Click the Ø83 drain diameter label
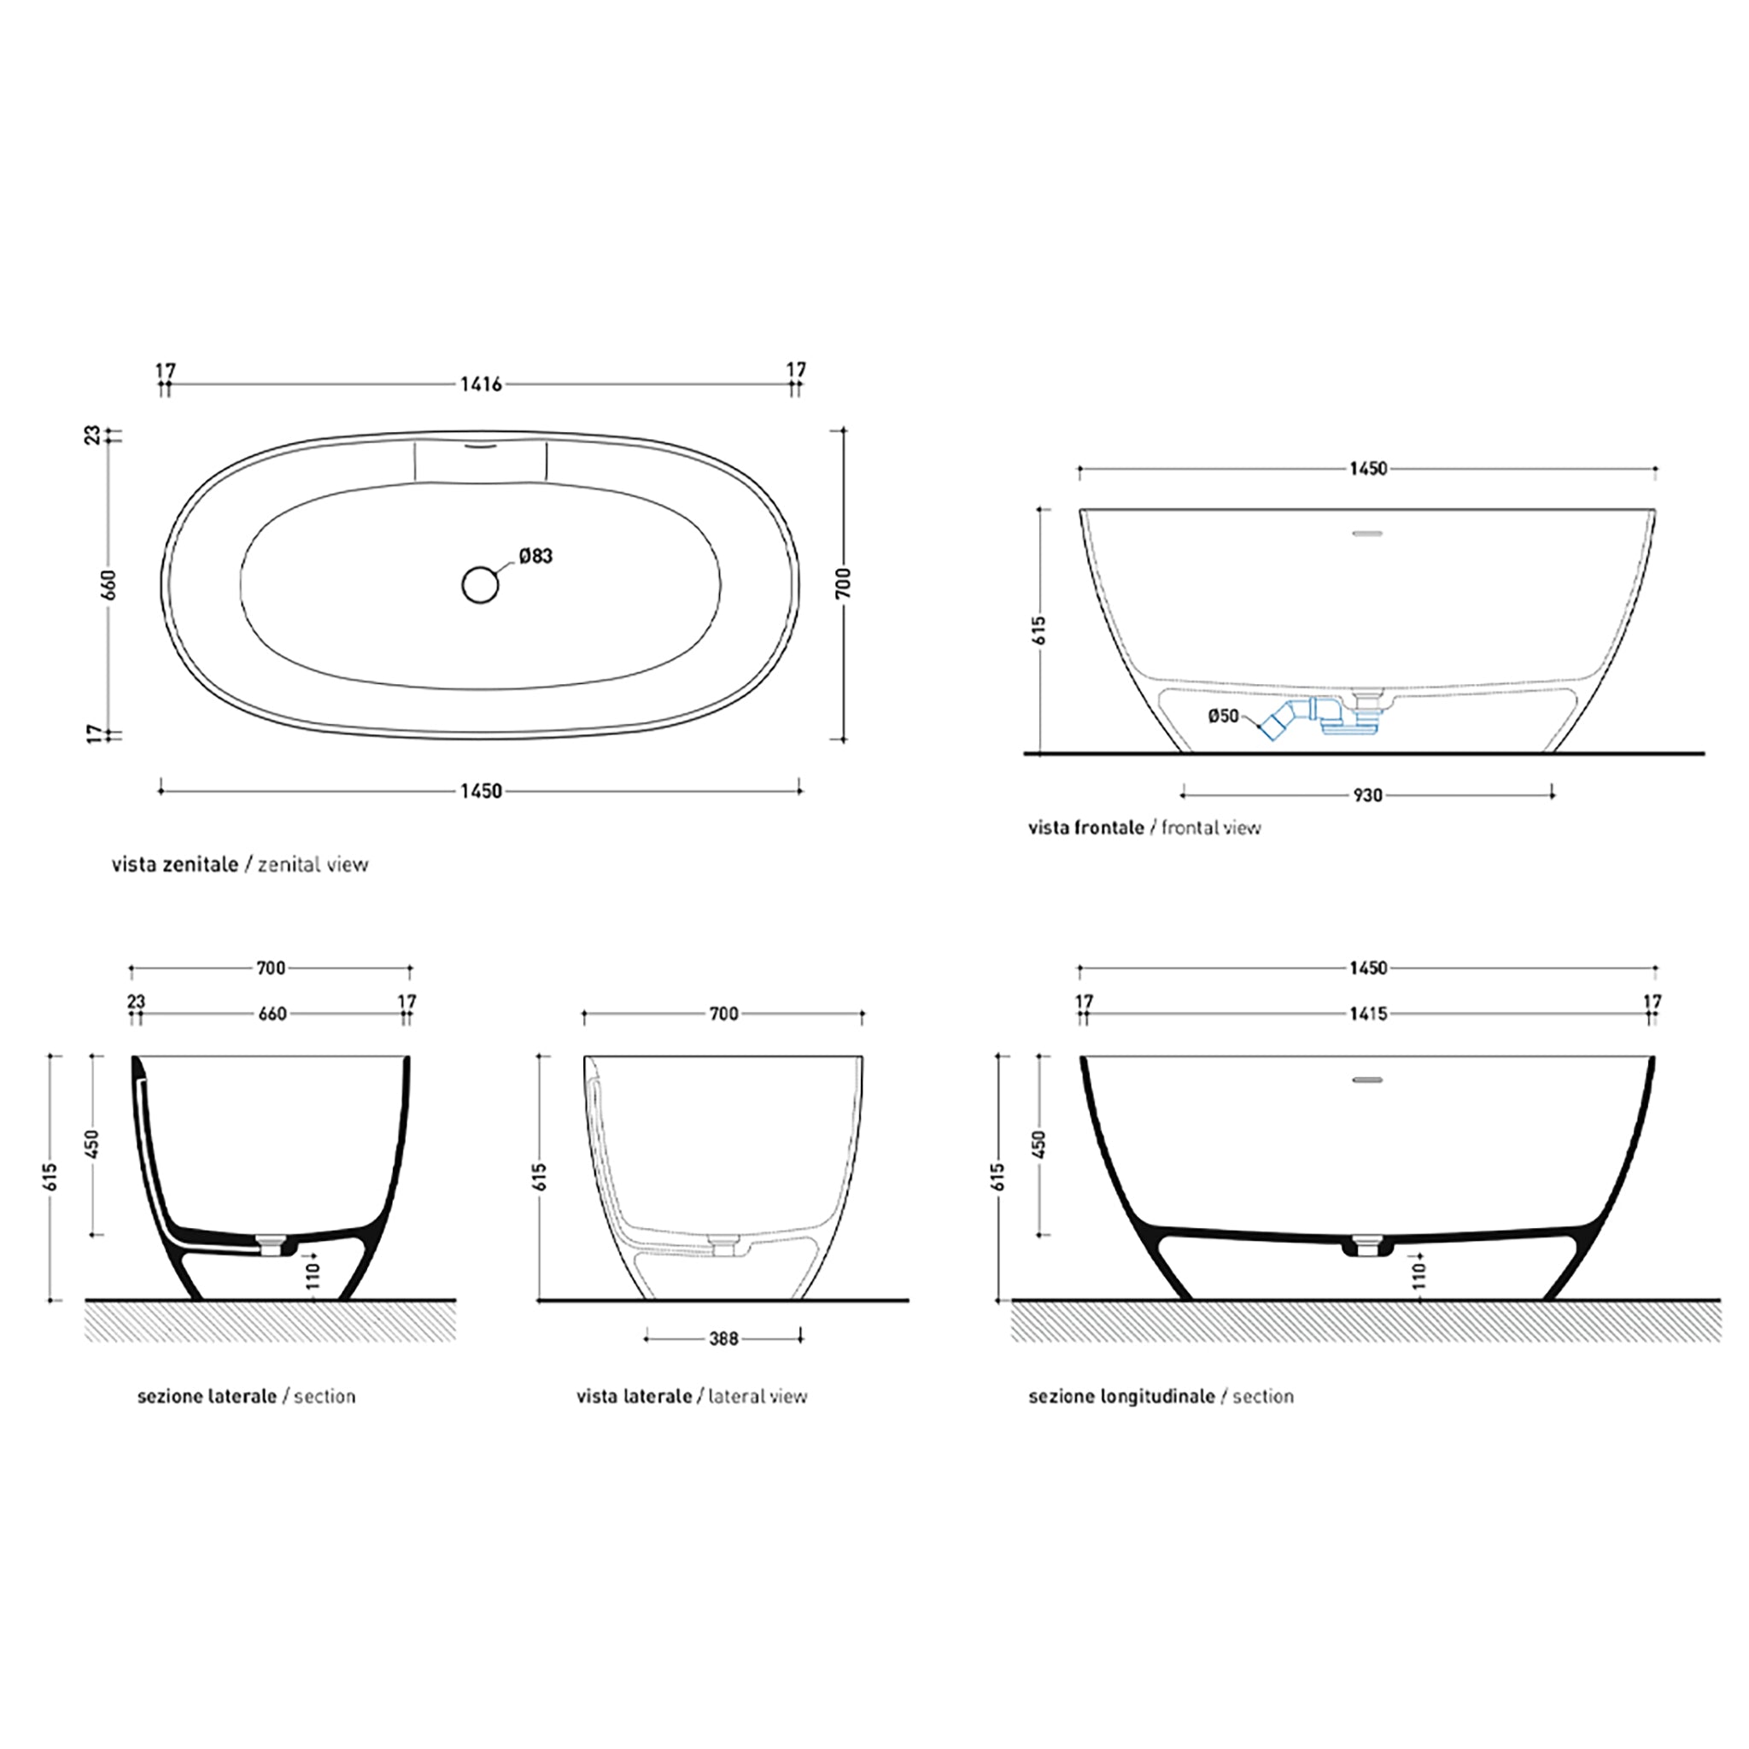(536, 556)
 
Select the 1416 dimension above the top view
(481, 383)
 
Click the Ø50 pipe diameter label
(1223, 715)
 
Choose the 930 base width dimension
(1368, 795)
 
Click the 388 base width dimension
(724, 1338)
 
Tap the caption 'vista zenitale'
(175, 863)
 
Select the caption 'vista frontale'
(1086, 827)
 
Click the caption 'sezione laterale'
(208, 1396)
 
